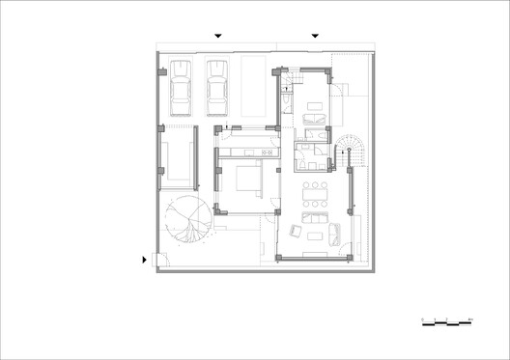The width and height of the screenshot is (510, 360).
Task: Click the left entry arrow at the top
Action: point(218,37)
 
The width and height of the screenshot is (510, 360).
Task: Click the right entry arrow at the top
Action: point(314,37)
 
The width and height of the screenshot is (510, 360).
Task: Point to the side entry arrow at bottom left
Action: point(146,259)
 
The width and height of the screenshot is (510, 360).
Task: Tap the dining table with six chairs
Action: point(315,195)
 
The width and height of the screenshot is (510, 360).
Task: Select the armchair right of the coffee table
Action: point(334,231)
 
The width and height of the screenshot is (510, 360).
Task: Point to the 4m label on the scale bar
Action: point(469,318)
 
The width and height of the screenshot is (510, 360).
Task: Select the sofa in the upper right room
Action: point(314,119)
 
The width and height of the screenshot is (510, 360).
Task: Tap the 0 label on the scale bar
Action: point(423,318)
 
